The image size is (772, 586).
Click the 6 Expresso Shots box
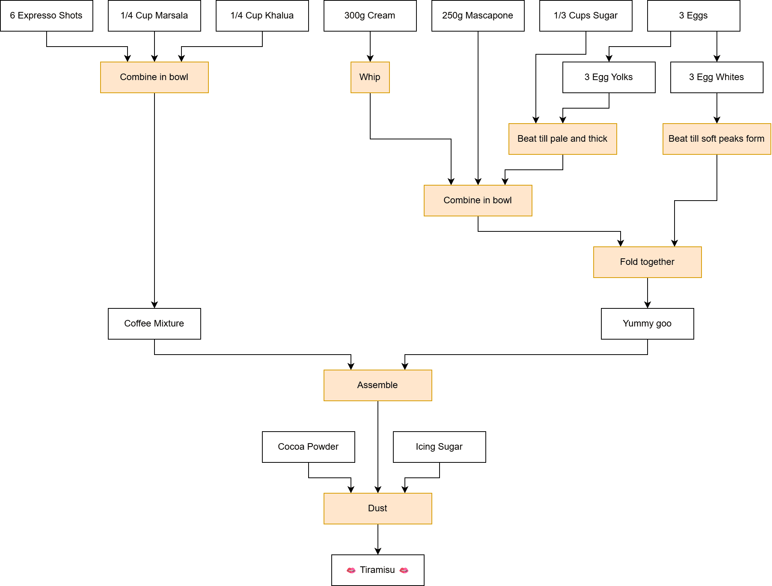tap(46, 16)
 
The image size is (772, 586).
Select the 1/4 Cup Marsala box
tap(154, 16)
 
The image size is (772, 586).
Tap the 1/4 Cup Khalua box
tap(262, 16)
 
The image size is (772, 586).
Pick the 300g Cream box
tap(370, 16)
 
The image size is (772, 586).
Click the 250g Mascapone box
tap(478, 16)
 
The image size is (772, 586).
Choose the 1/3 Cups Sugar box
tap(586, 16)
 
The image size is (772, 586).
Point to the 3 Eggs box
tap(693, 16)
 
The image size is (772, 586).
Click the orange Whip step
tap(370, 77)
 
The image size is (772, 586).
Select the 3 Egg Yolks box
tap(609, 77)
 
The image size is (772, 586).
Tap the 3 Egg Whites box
tap(717, 77)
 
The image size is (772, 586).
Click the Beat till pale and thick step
tap(562, 139)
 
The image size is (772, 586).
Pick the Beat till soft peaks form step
tap(717, 139)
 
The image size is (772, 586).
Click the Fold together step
tap(647, 262)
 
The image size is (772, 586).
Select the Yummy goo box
tap(647, 324)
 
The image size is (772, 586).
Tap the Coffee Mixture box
tap(154, 324)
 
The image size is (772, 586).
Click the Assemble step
tap(378, 385)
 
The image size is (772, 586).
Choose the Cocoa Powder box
tap(308, 447)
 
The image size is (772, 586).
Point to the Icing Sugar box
tap(439, 447)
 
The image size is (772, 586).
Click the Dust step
tap(378, 509)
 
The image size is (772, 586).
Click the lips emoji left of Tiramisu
tap(351, 570)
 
